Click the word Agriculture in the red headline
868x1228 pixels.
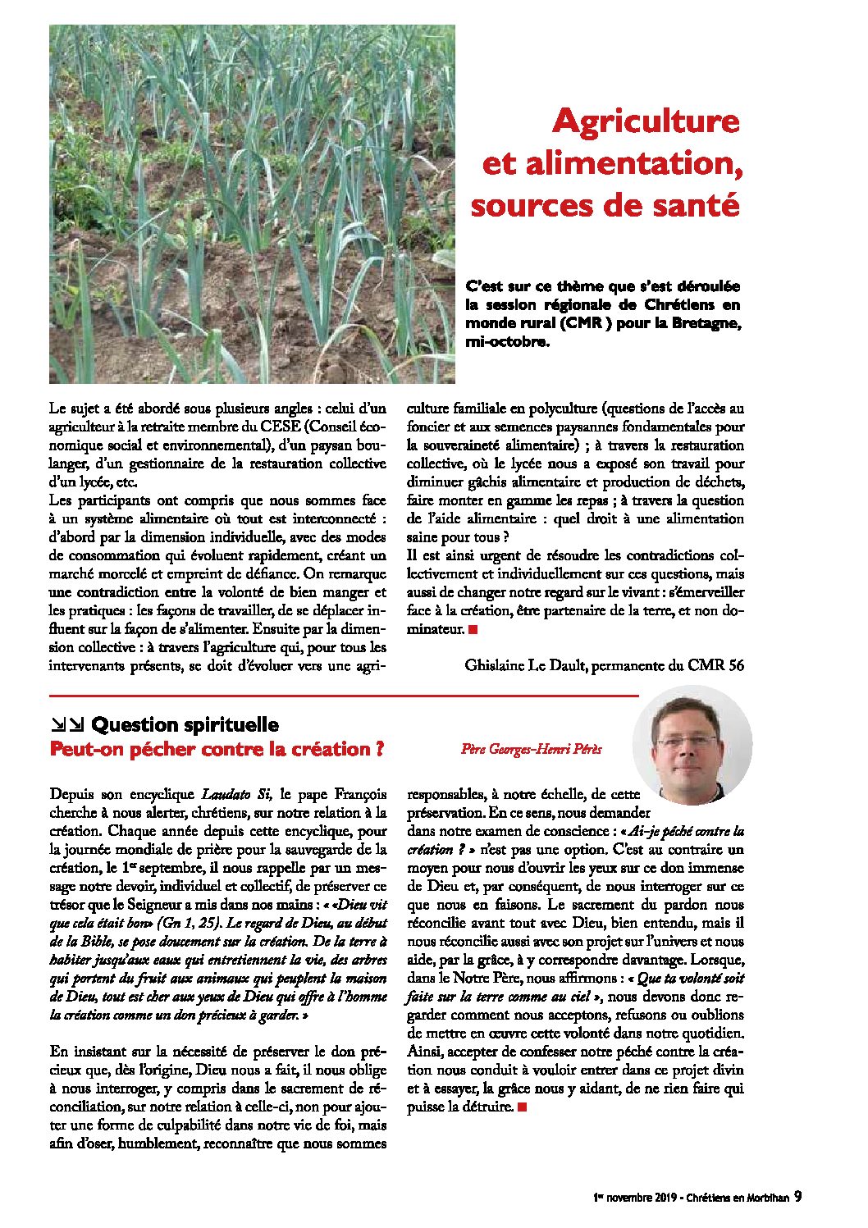click(x=646, y=121)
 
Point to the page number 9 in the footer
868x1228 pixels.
click(x=797, y=1197)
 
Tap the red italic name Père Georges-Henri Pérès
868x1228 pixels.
click(x=531, y=748)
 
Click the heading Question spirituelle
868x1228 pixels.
click(x=185, y=725)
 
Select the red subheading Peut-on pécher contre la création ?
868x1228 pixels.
click(x=217, y=749)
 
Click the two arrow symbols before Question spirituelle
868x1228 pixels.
click(x=66, y=724)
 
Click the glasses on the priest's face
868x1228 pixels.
click(x=687, y=741)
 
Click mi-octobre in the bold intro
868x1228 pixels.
click(x=506, y=342)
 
